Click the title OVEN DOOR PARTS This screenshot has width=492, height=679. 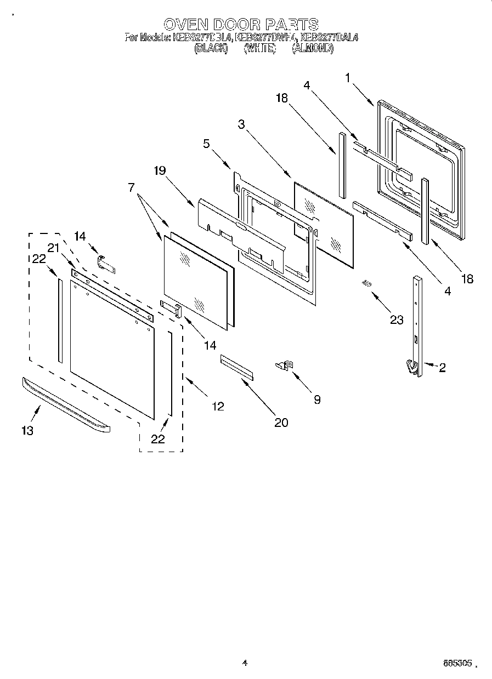(241, 25)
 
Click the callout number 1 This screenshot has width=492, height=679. (348, 78)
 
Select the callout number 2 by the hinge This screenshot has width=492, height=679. (442, 368)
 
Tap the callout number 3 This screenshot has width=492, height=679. (241, 124)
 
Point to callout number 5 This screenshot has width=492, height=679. (206, 145)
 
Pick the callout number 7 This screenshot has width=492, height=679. (132, 187)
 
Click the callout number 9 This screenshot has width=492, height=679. (316, 400)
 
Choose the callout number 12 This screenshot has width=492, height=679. (218, 406)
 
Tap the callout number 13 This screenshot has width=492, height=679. (27, 430)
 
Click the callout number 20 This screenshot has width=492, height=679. (281, 422)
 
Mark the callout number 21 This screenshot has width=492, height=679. (53, 248)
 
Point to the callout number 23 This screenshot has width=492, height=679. (397, 320)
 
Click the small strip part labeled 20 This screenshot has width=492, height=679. (237, 366)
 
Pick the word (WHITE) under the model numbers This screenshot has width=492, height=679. (259, 48)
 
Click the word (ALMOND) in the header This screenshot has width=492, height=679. (312, 48)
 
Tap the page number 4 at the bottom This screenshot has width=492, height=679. (245, 663)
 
